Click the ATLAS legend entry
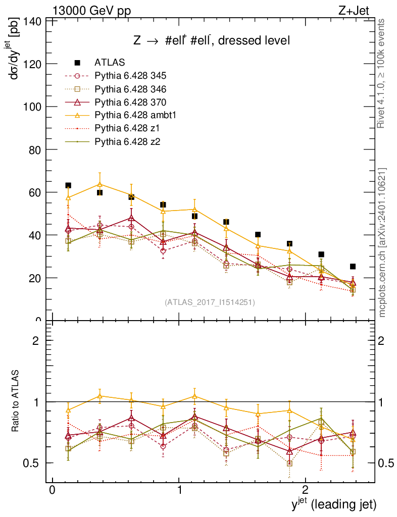tap(110, 63)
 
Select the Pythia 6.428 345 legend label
tap(130, 76)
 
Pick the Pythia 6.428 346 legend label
tap(130, 89)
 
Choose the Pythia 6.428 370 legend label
tap(130, 102)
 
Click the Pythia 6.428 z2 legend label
tap(126, 141)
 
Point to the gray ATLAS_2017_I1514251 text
tap(210, 302)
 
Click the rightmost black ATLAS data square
tap(353, 266)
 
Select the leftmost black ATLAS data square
tap(68, 185)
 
